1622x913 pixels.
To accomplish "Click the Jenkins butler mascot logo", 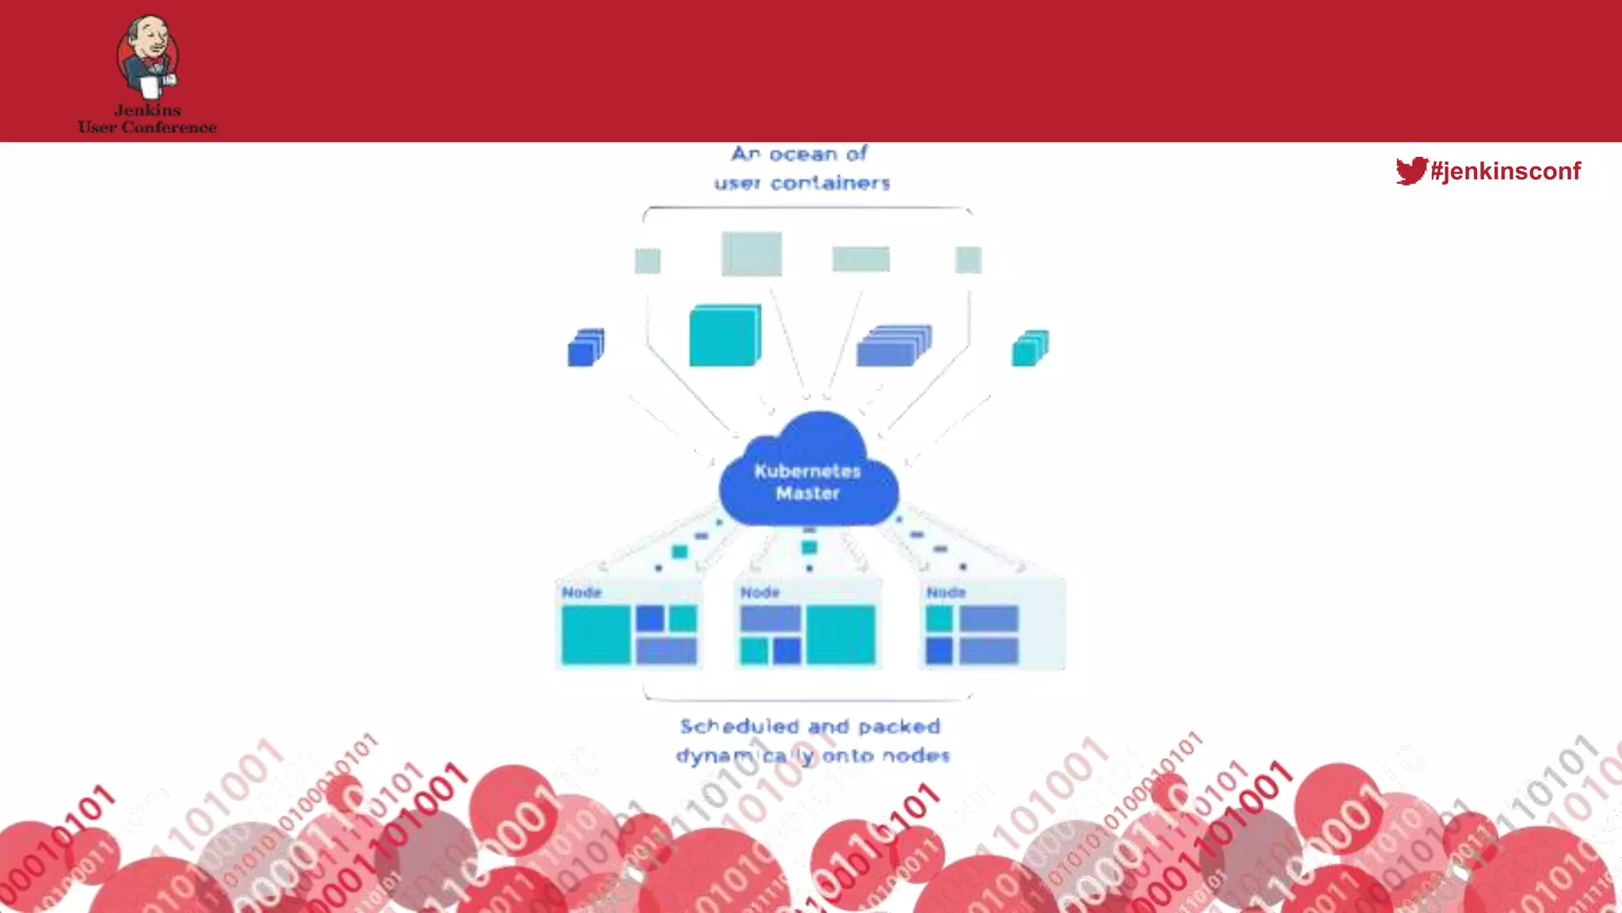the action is coord(148,57).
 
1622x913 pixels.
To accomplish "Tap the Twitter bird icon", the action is coord(1411,170).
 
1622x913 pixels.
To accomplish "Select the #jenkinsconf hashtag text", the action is coord(1506,171).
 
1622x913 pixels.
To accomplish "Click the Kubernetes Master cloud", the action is coord(808,476).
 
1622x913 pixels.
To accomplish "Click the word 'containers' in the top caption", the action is coord(830,183).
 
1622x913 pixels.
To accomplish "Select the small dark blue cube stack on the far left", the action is coord(586,347).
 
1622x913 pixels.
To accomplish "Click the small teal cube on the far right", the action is coord(1030,348).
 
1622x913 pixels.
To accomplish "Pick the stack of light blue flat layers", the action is coord(893,346).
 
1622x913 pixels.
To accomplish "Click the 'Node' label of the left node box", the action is coord(581,592).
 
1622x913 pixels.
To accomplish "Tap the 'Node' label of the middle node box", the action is coord(760,592).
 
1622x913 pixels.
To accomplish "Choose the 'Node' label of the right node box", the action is coord(946,592).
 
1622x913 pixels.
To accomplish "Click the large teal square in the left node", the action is coord(596,634).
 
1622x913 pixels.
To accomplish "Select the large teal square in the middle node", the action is coord(840,634).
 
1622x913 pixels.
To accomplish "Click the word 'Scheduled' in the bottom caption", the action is coord(739,726).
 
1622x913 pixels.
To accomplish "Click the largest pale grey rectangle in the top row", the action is coord(751,254).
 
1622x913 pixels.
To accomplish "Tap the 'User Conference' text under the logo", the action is coord(147,127).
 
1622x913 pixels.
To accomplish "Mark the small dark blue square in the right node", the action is coord(939,651).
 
